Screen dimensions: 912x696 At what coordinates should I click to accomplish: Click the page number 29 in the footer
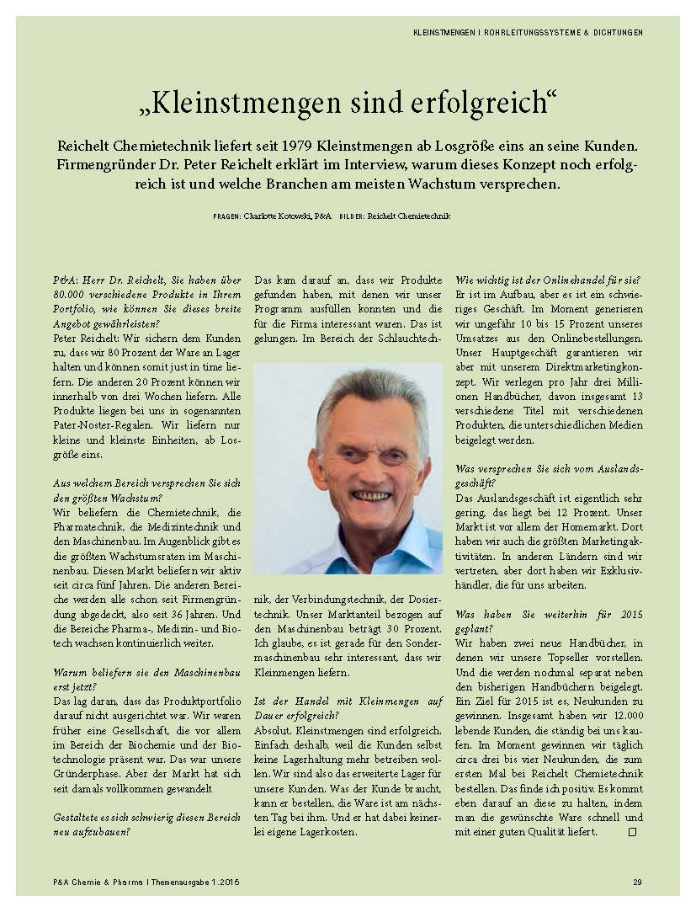point(637,882)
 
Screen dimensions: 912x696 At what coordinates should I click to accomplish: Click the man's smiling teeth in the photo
point(370,497)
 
